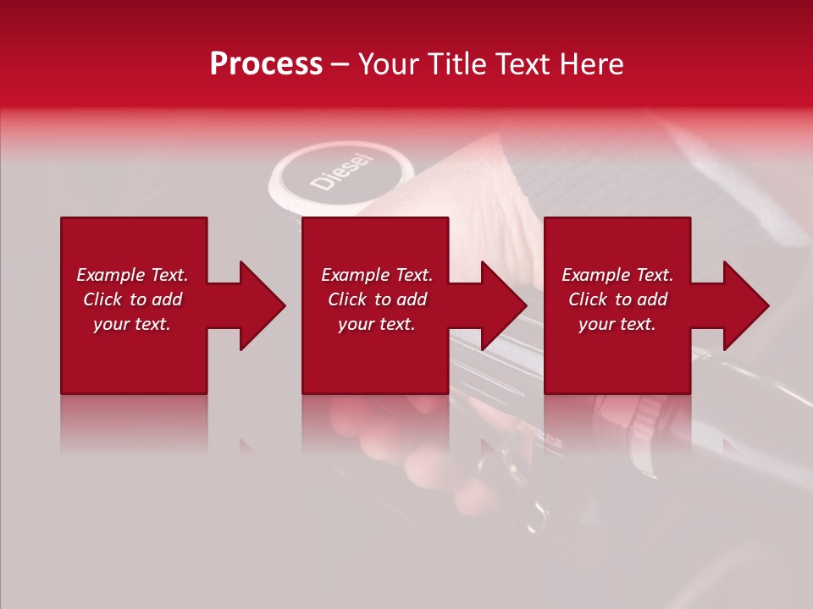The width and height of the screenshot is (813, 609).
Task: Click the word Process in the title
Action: [266, 64]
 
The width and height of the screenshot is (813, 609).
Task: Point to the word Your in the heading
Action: [388, 64]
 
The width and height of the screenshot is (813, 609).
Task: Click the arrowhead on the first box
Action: [262, 305]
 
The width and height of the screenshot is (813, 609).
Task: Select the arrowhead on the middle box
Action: [504, 305]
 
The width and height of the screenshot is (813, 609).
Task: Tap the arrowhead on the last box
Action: [746, 305]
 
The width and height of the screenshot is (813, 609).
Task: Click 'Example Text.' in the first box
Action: [132, 275]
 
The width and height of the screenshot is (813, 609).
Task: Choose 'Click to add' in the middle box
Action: [377, 299]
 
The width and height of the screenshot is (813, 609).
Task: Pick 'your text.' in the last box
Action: [617, 324]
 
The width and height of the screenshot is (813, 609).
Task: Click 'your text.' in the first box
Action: [132, 324]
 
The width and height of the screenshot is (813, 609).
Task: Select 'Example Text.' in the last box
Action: [617, 275]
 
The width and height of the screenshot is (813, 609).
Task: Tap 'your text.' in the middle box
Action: [377, 324]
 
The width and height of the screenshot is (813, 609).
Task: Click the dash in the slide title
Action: [340, 65]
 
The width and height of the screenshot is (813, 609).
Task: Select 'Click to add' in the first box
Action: [132, 299]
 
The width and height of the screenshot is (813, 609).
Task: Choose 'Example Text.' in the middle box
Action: [377, 275]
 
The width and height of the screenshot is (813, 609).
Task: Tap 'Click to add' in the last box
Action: [617, 299]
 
